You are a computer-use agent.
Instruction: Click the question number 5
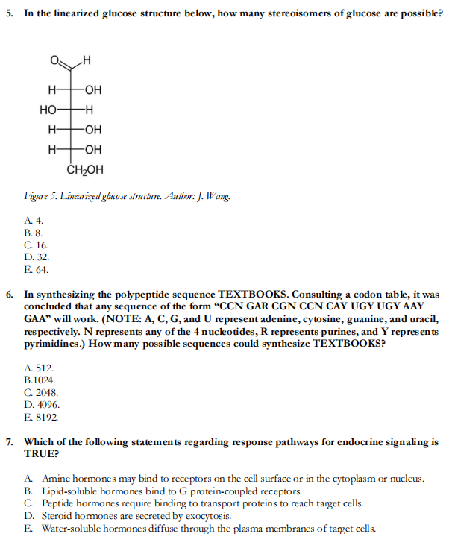10,14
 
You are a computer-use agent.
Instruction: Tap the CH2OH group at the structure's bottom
85,169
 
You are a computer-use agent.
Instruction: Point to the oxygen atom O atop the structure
55,60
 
